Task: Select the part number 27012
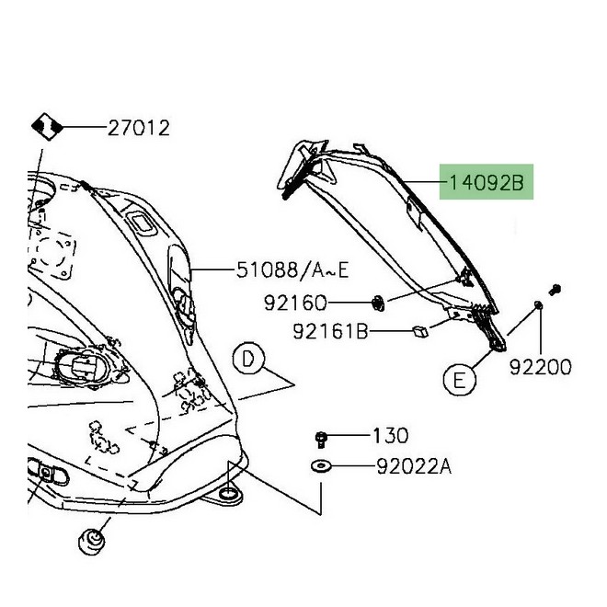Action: [139, 128]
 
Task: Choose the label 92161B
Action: [330, 329]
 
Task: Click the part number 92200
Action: [541, 367]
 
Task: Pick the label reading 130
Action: [390, 435]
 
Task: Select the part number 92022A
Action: [414, 466]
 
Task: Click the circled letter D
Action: [248, 361]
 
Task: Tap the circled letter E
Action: [461, 377]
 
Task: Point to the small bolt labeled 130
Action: [323, 436]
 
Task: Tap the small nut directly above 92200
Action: [539, 305]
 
